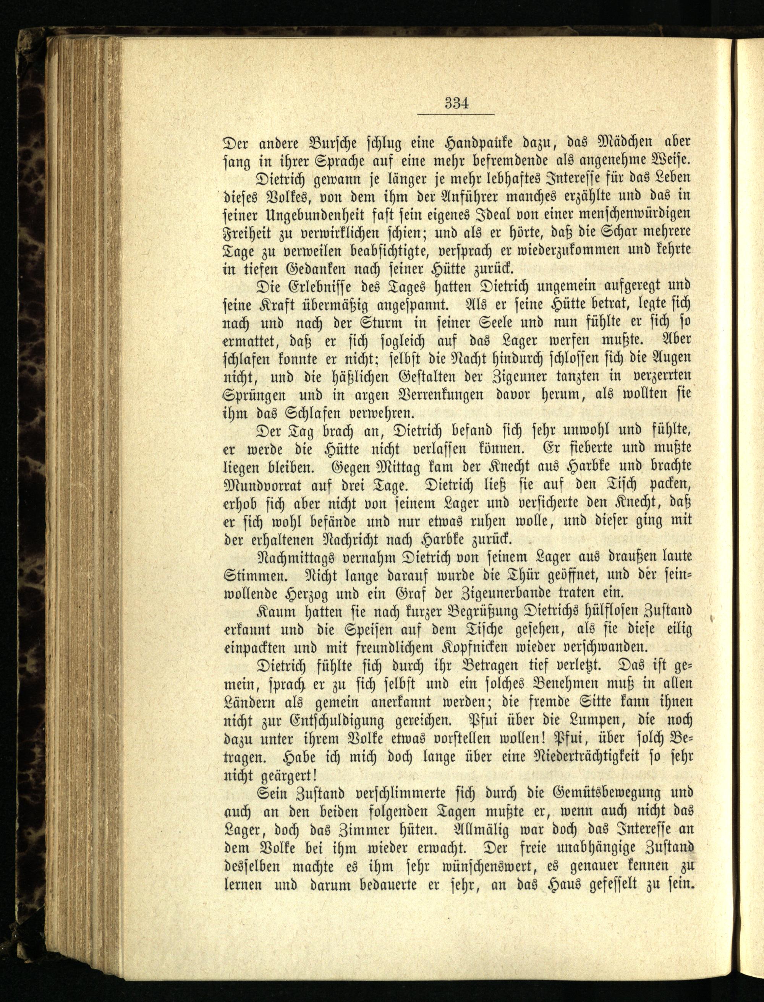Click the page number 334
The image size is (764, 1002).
(456, 103)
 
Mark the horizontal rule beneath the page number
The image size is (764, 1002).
(456, 114)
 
